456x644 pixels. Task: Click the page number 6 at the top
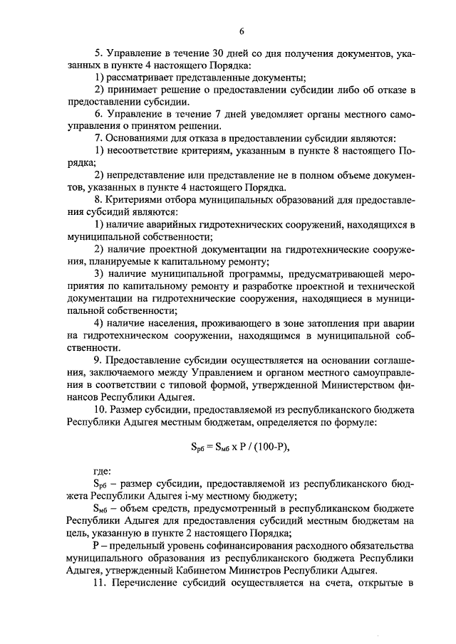click(242, 31)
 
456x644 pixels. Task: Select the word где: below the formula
click(103, 472)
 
